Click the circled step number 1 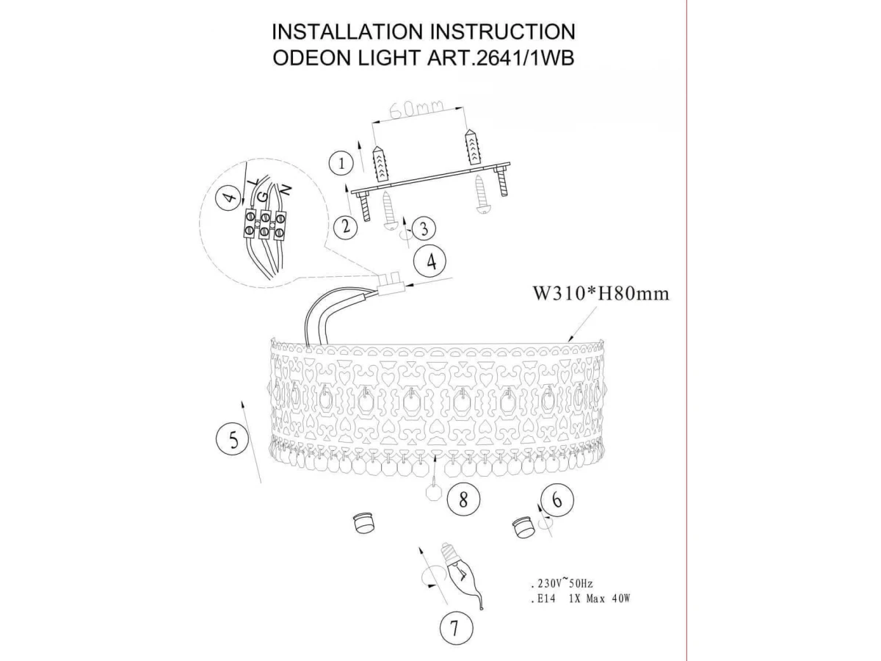coord(341,163)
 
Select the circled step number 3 coord(423,228)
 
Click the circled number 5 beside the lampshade coord(233,439)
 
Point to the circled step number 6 coord(557,499)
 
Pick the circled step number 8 coord(463,499)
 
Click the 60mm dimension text coord(416,110)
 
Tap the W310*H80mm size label coord(601,294)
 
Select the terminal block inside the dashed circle coord(264,225)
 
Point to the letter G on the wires coord(264,197)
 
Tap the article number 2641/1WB coord(523,58)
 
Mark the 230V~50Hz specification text coord(561,584)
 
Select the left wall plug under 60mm coord(380,163)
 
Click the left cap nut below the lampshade coord(363,523)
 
